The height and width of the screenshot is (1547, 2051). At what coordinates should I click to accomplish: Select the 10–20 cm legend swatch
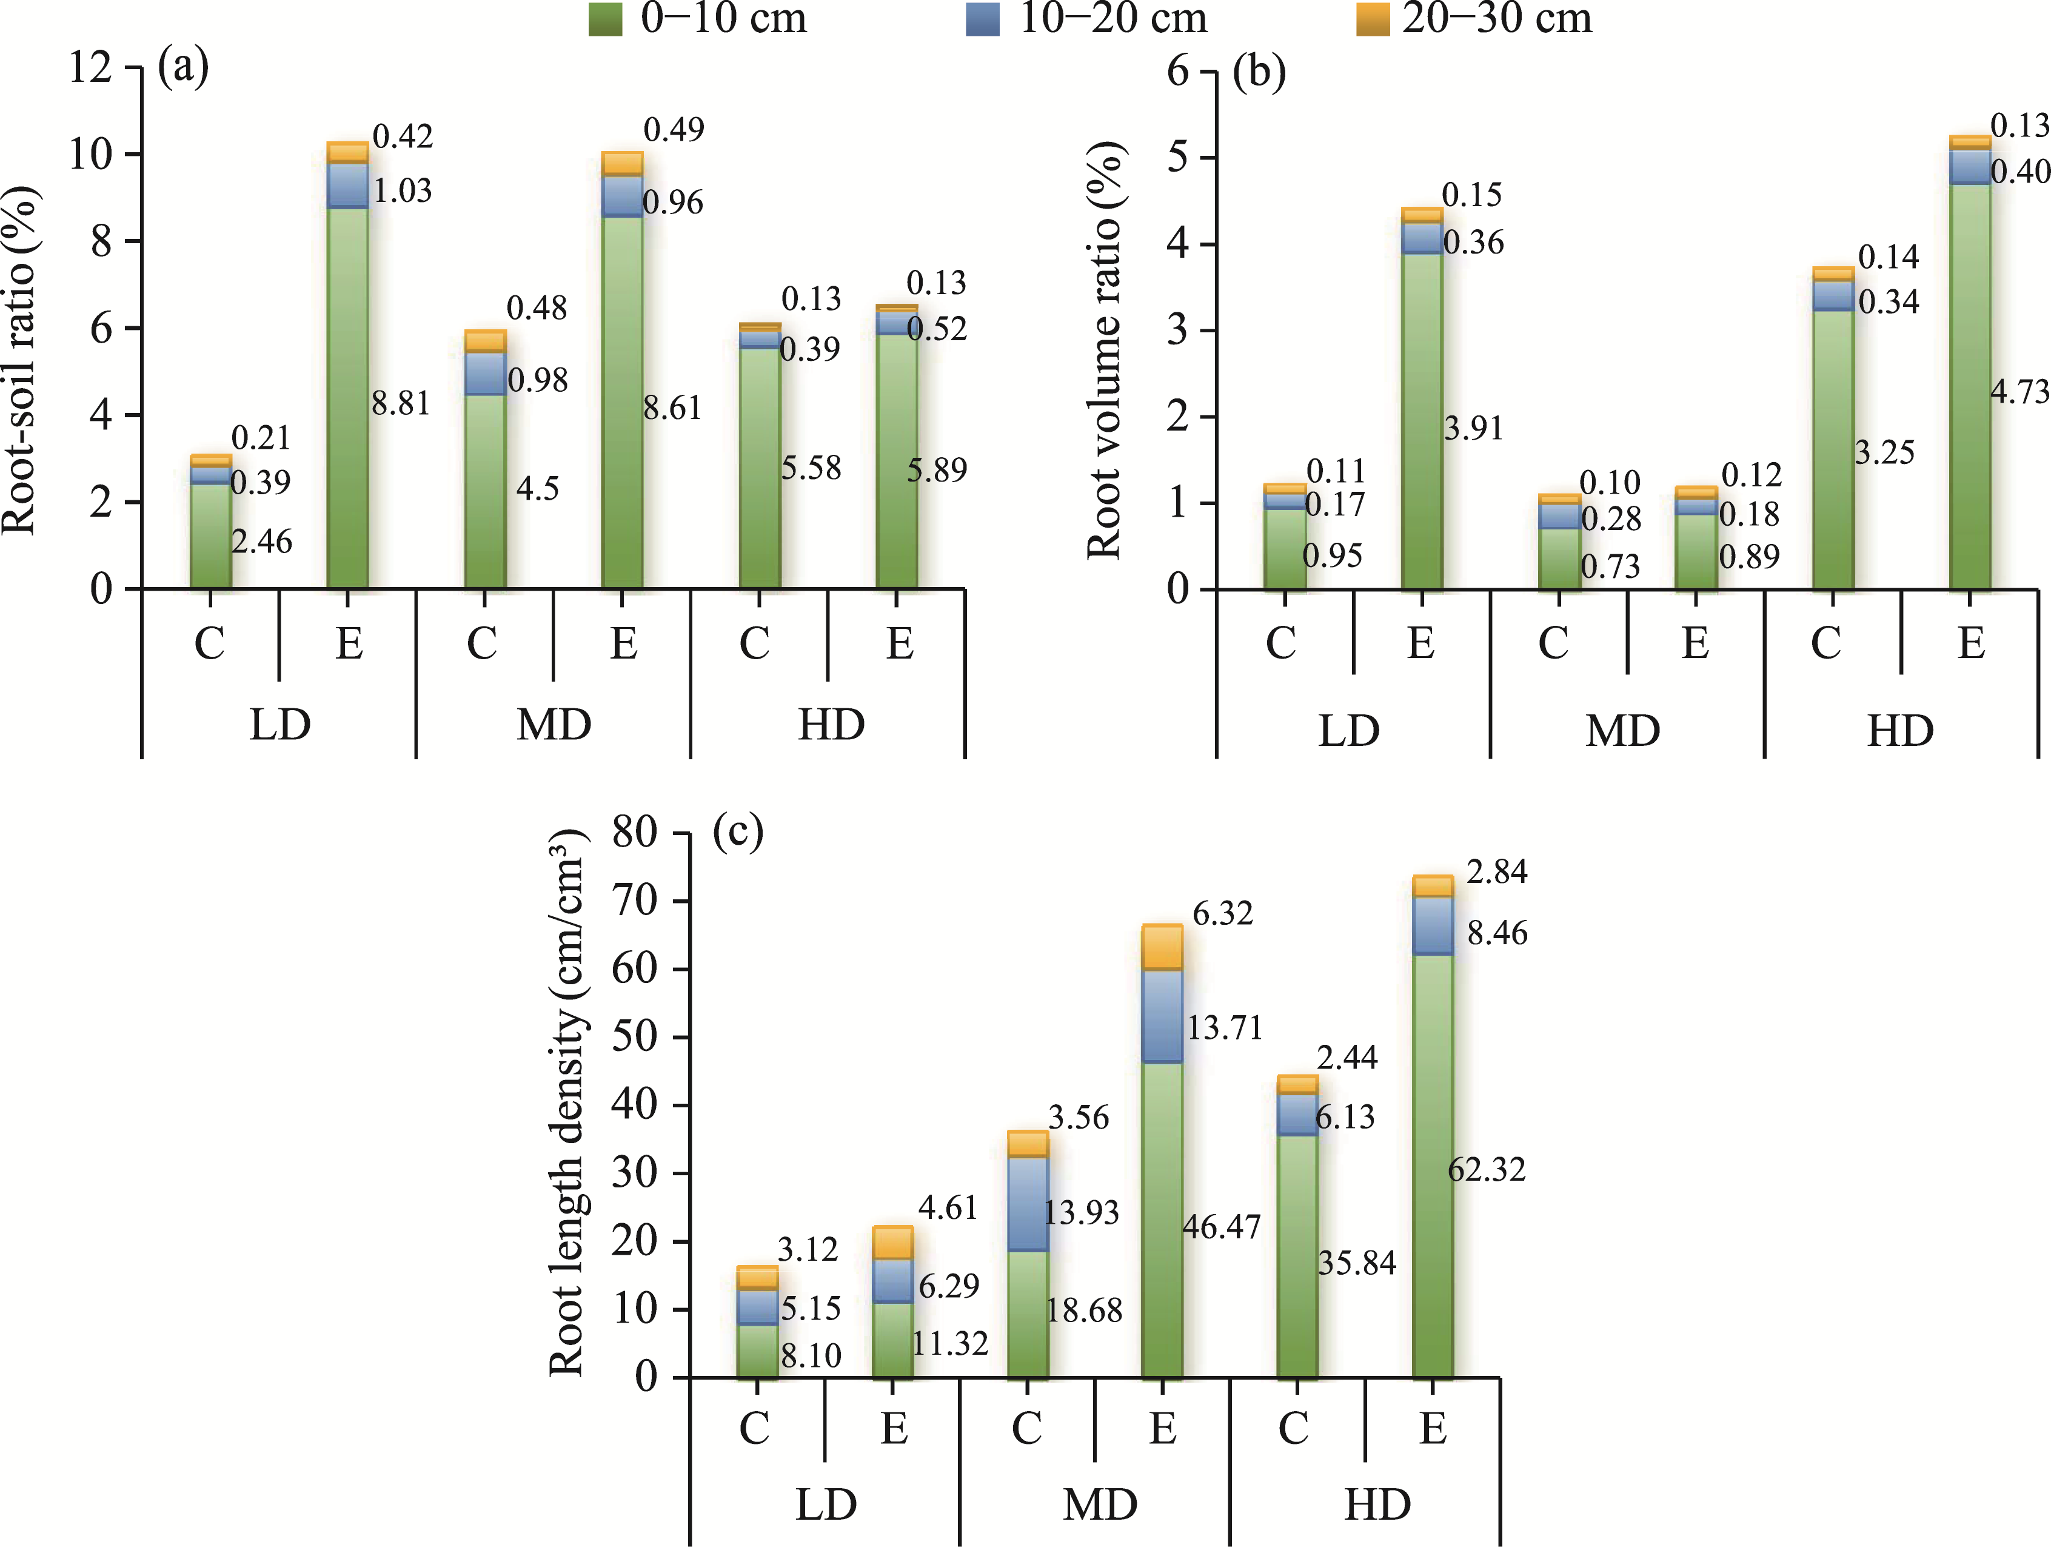point(983,19)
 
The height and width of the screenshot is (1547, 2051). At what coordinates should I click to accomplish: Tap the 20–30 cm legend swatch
point(1372,19)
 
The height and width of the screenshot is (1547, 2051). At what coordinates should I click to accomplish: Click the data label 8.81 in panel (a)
point(401,403)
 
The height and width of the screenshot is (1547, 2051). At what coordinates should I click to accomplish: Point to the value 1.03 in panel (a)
point(403,191)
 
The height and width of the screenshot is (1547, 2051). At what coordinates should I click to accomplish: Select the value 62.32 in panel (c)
point(1487,1170)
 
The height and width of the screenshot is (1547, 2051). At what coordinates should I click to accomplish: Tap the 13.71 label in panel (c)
point(1225,1028)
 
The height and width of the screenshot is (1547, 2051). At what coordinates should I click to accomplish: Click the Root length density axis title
point(567,1104)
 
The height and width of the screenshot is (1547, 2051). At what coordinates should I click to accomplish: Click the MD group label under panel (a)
point(554,724)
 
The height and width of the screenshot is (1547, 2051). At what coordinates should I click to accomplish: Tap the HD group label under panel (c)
point(1377,1505)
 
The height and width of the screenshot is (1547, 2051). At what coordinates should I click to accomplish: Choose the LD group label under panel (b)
point(1348,731)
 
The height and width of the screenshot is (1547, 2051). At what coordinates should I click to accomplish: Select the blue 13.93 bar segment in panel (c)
point(1028,1204)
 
